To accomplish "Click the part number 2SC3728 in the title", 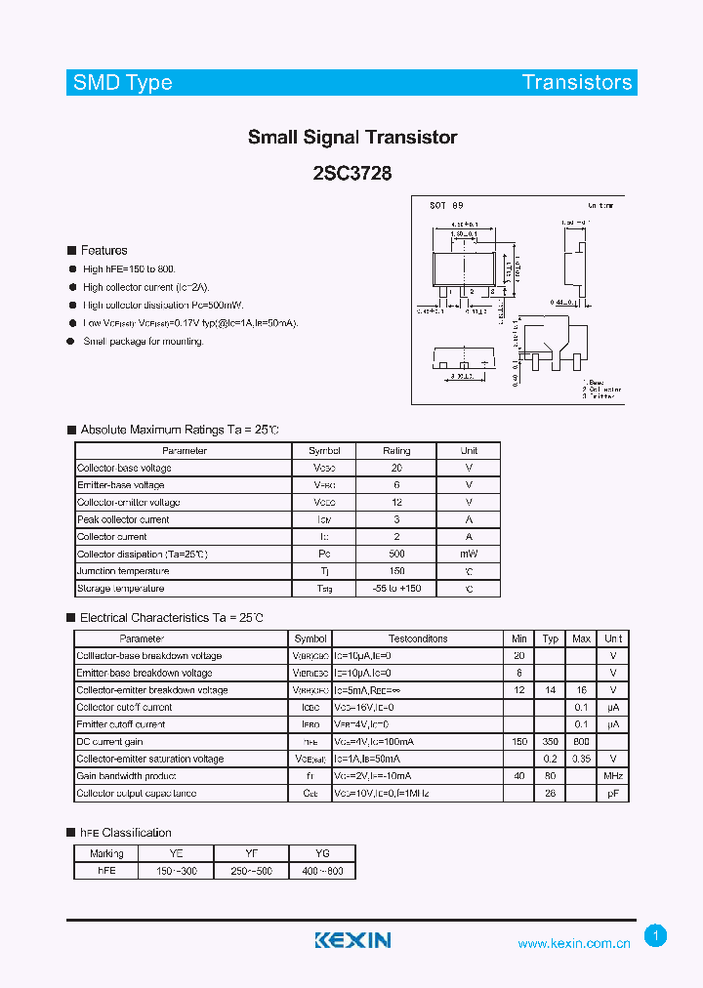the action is point(352,173).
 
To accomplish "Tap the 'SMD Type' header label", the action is point(122,83).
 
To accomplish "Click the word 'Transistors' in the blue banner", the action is point(576,83).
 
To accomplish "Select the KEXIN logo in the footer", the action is point(352,940).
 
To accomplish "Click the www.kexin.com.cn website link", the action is point(573,943).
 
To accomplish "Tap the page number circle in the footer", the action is point(656,936).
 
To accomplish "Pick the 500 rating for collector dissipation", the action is point(396,554).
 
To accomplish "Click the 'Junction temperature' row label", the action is point(123,571).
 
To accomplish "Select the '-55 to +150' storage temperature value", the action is point(396,589).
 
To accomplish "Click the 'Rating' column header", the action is point(396,451).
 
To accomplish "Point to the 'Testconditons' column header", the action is point(418,638).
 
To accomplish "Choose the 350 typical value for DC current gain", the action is point(551,742).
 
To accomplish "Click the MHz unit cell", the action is point(613,776).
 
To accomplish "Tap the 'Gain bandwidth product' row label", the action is point(125,776).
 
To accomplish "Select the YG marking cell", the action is point(323,853).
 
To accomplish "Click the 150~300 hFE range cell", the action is point(177,870).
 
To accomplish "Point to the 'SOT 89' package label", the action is point(446,206).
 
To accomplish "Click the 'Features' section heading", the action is point(103,251).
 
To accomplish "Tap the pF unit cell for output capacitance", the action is point(613,794).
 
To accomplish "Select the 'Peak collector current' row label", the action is point(123,519).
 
